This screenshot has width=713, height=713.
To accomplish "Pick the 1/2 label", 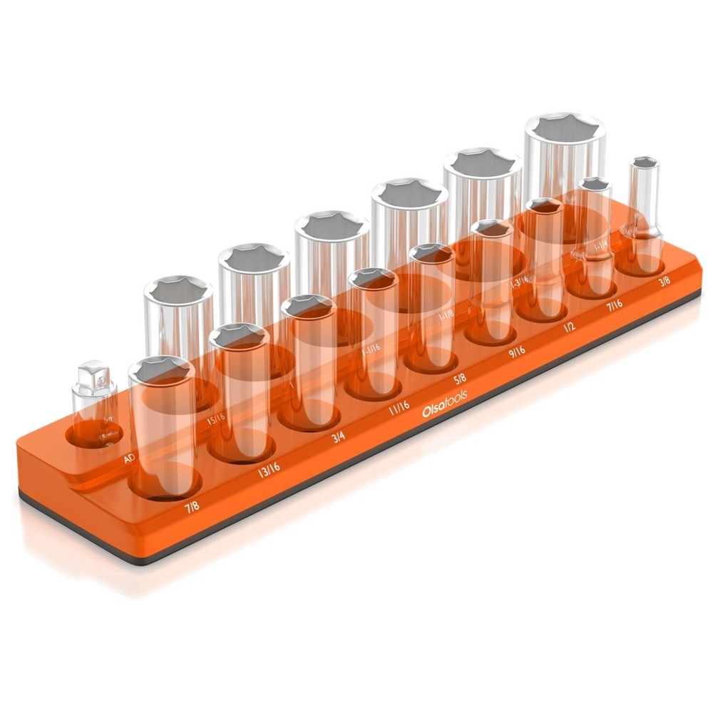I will pyautogui.click(x=569, y=327).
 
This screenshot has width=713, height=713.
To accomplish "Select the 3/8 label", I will pyautogui.click(x=664, y=282).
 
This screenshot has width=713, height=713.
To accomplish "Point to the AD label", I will pyautogui.click(x=129, y=458).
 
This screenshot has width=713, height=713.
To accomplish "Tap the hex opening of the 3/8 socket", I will pyautogui.click(x=645, y=163).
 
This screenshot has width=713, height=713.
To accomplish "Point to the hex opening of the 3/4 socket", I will pyautogui.click(x=309, y=307).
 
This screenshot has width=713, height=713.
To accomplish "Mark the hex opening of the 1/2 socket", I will pyautogui.click(x=545, y=207).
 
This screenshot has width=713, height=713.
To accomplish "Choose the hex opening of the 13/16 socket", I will pyautogui.click(x=239, y=335).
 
